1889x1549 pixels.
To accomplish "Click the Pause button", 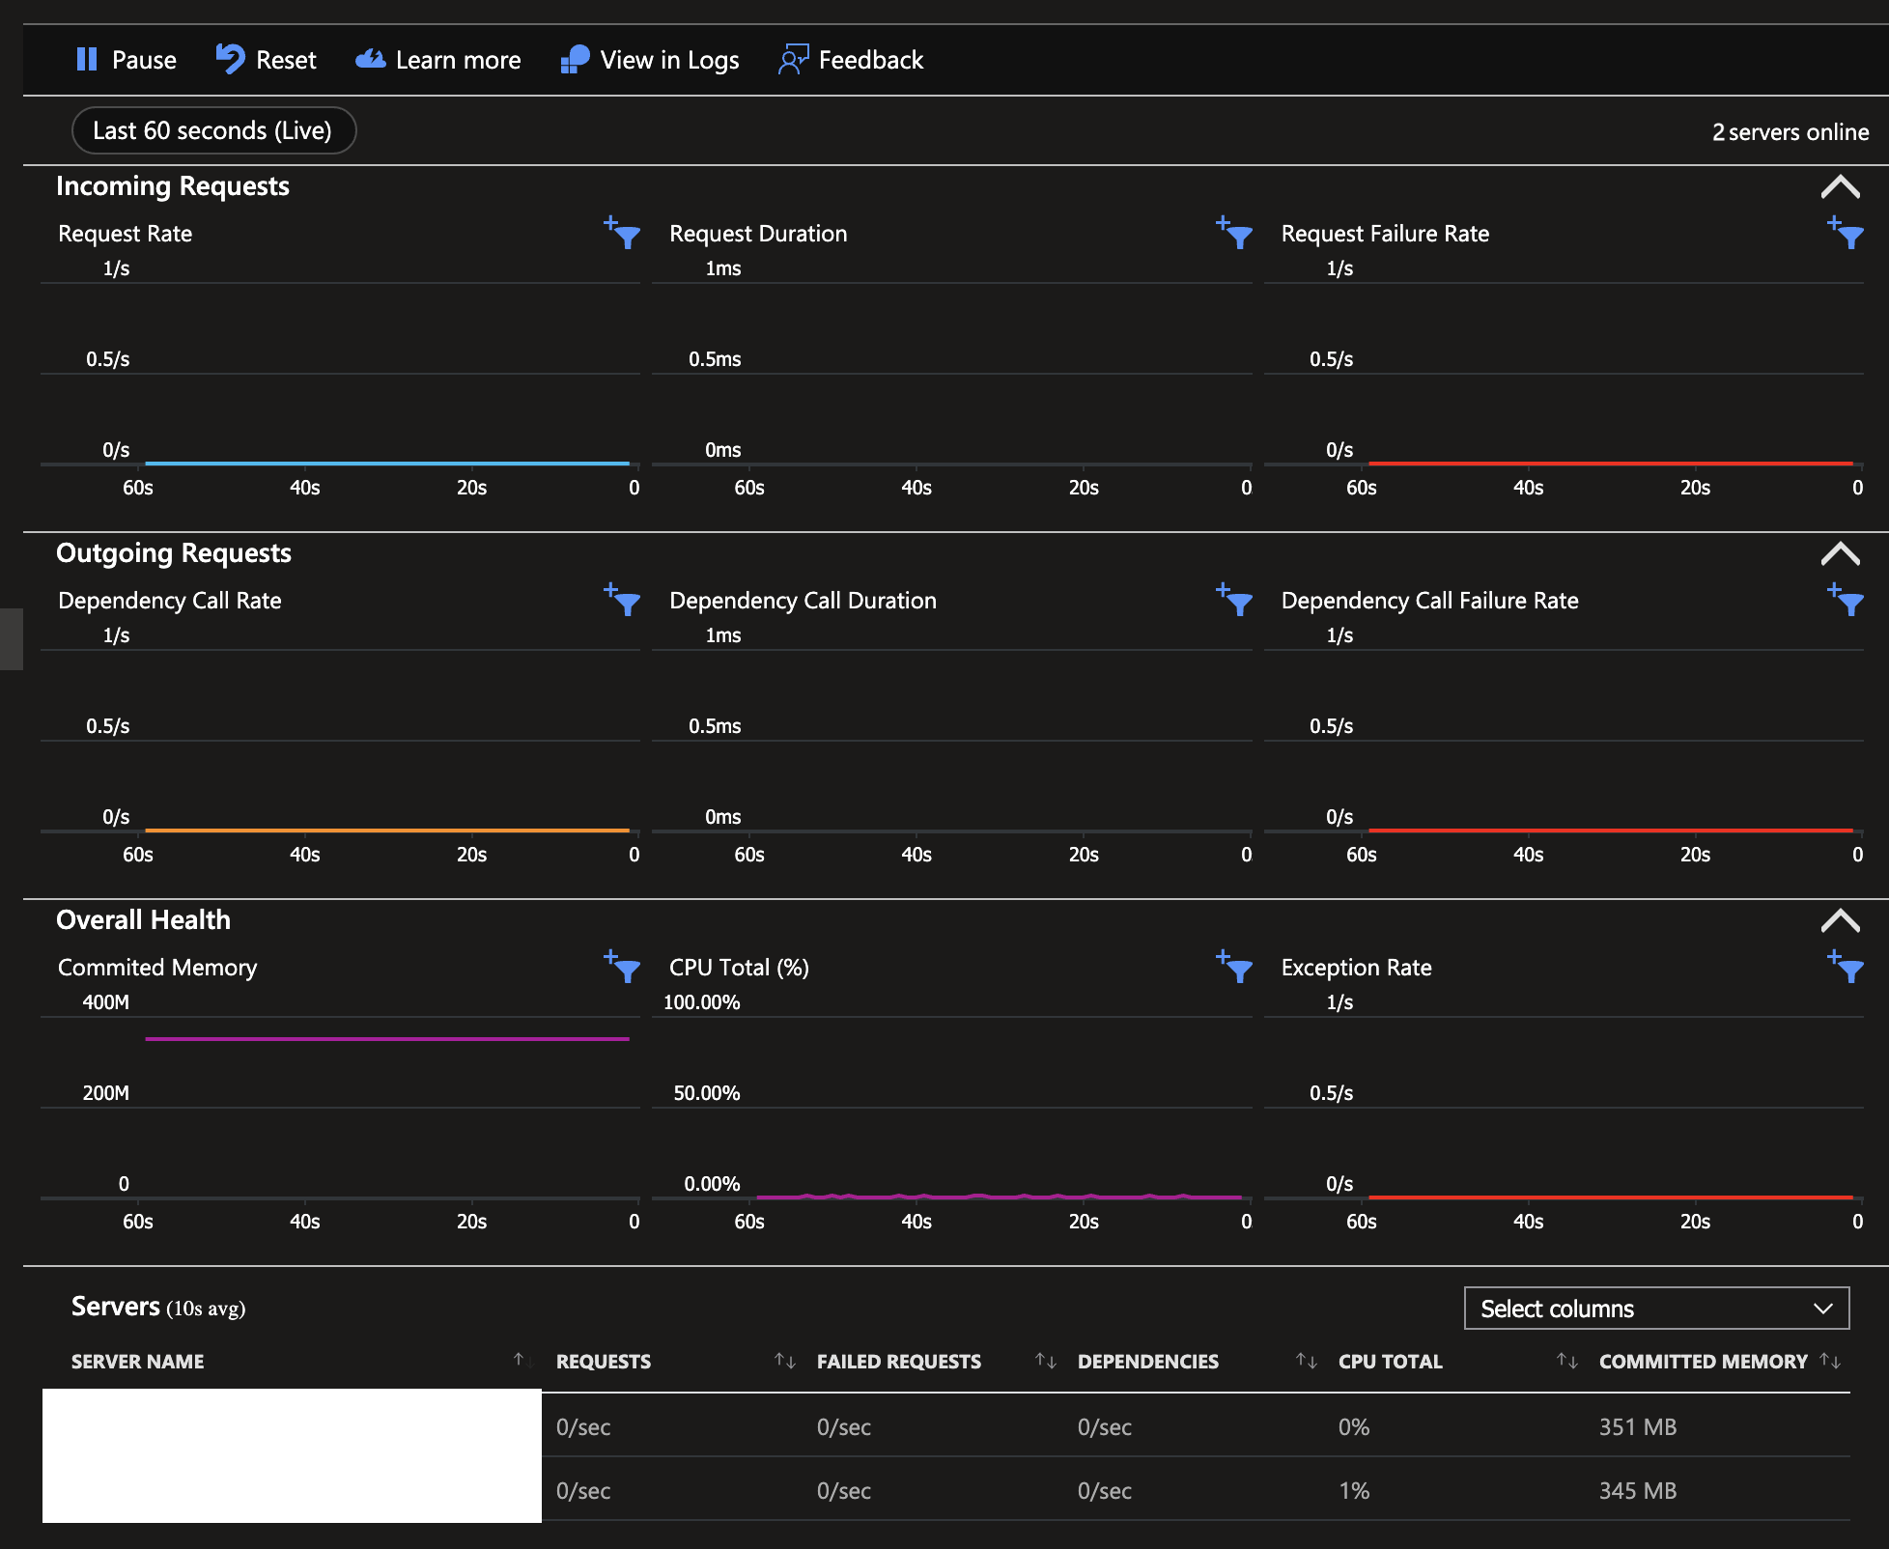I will click(x=126, y=60).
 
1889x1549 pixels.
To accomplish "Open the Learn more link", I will click(x=438, y=60).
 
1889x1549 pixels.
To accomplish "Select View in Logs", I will click(x=650, y=60).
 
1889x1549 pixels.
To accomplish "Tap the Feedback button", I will click(x=851, y=60).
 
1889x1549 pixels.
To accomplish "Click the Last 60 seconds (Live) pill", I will click(x=213, y=130).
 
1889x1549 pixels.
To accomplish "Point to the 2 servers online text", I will click(x=1790, y=132).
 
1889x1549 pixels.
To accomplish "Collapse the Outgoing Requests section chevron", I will click(x=1840, y=553).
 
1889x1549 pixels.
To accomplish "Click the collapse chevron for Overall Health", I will click(x=1840, y=920).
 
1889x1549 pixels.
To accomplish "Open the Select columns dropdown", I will click(x=1656, y=1309).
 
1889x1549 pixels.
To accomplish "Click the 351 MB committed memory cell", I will click(x=1638, y=1427).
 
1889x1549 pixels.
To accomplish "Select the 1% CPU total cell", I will click(x=1354, y=1491).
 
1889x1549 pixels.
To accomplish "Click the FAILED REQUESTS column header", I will click(x=898, y=1362).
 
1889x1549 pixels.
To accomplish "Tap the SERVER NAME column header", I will click(x=138, y=1362).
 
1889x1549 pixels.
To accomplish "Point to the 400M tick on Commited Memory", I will click(x=106, y=1002).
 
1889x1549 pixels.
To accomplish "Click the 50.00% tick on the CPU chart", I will click(x=706, y=1093).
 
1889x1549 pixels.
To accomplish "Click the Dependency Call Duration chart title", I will click(x=803, y=601).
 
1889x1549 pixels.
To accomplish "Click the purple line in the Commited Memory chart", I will click(x=386, y=1039).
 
